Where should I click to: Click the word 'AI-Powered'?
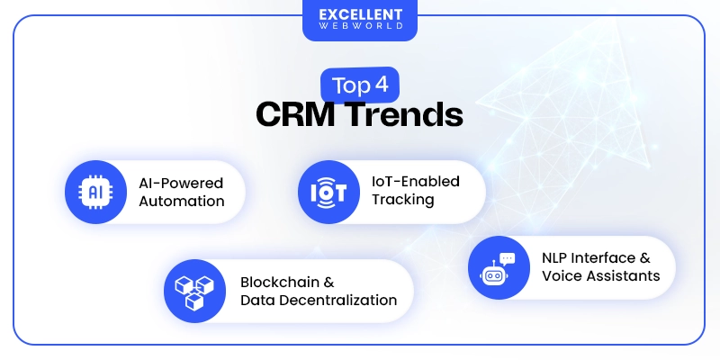tap(181, 183)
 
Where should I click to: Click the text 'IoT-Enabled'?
tap(416, 181)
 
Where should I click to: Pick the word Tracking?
tap(403, 199)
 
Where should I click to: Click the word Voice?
tap(562, 275)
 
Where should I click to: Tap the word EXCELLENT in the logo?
tap(359, 15)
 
